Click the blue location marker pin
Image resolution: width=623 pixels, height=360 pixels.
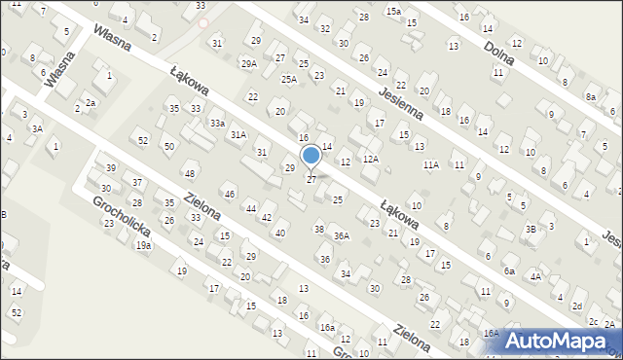coord(311,156)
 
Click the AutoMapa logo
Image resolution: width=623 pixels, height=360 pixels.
coord(558,340)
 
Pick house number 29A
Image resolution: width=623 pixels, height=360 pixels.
coord(248,63)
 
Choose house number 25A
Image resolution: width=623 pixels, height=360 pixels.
coord(289,79)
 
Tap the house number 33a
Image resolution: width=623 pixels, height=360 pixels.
coord(217,124)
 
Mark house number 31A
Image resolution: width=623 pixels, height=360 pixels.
coord(238,135)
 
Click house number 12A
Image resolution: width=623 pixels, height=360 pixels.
coord(371,159)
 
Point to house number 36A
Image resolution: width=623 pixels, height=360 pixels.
coord(341,236)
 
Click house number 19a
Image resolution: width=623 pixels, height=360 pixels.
coord(143,246)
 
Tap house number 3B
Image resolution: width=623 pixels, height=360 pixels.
coord(531,229)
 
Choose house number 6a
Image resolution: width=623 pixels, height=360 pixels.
coord(509,272)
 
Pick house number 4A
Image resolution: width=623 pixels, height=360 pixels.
coord(535,277)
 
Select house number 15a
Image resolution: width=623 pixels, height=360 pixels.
coord(392,11)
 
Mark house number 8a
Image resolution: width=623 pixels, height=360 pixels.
coord(590,97)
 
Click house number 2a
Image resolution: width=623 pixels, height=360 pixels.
coord(91,102)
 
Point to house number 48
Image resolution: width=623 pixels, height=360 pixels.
coord(190,174)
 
